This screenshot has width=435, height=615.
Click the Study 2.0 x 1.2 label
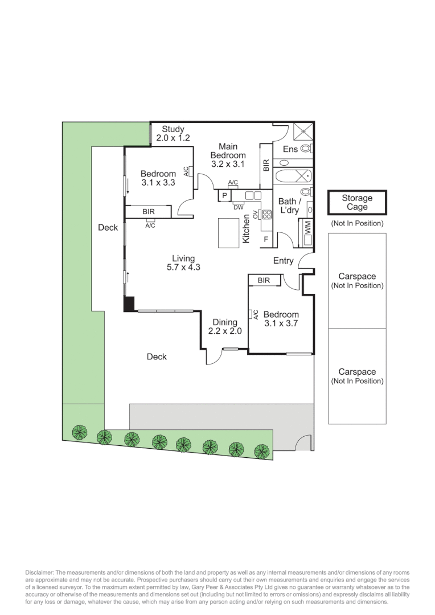tap(173, 133)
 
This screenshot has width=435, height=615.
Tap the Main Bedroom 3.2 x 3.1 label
tap(228, 155)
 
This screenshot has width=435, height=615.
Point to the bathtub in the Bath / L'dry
tap(293, 176)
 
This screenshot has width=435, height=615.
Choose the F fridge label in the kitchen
tap(265, 240)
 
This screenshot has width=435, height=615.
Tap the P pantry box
tap(224, 196)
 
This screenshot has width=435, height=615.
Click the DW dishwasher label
tap(238, 207)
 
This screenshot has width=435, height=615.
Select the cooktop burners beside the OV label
tap(266, 215)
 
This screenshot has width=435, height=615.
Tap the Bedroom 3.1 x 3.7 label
tap(281, 319)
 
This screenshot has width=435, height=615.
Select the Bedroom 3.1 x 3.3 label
tap(158, 178)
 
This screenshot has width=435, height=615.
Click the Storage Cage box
tap(357, 203)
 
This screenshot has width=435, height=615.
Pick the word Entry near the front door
tap(284, 261)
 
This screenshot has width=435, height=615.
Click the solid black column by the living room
tap(130, 304)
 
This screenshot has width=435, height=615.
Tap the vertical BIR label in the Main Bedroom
tap(266, 166)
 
